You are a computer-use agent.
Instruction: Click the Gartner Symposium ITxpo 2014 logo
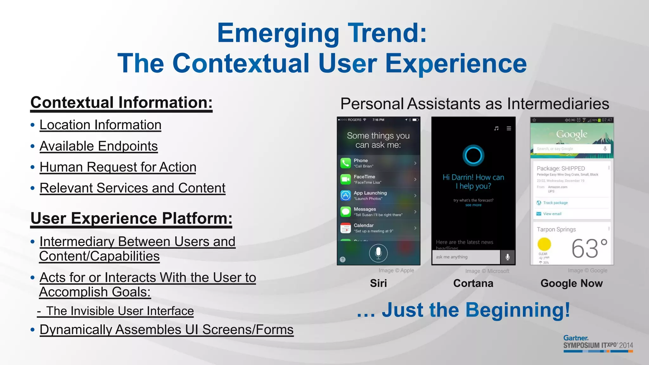[x=598, y=343]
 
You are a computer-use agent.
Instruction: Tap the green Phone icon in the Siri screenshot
[x=345, y=163]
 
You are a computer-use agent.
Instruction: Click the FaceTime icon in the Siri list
[x=345, y=179]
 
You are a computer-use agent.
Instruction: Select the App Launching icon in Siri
[x=345, y=195]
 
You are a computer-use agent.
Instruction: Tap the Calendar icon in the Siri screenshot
[x=345, y=228]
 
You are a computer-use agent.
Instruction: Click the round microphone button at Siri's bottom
[x=378, y=253]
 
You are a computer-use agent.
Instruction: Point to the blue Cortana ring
[x=473, y=155]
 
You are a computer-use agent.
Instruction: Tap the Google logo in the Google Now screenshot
[x=572, y=134]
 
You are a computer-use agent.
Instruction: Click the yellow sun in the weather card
[x=544, y=244]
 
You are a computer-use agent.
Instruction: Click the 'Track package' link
[x=555, y=203]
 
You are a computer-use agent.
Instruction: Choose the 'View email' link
[x=552, y=214]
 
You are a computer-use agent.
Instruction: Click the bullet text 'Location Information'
[x=100, y=125]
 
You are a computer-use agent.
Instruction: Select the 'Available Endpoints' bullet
[x=99, y=146]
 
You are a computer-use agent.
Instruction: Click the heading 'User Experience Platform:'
[x=131, y=218]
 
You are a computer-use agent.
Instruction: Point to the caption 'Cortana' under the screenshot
[x=473, y=283]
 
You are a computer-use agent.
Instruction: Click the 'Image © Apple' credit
[x=396, y=271]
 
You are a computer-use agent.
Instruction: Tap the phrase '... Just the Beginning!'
[x=463, y=310]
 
